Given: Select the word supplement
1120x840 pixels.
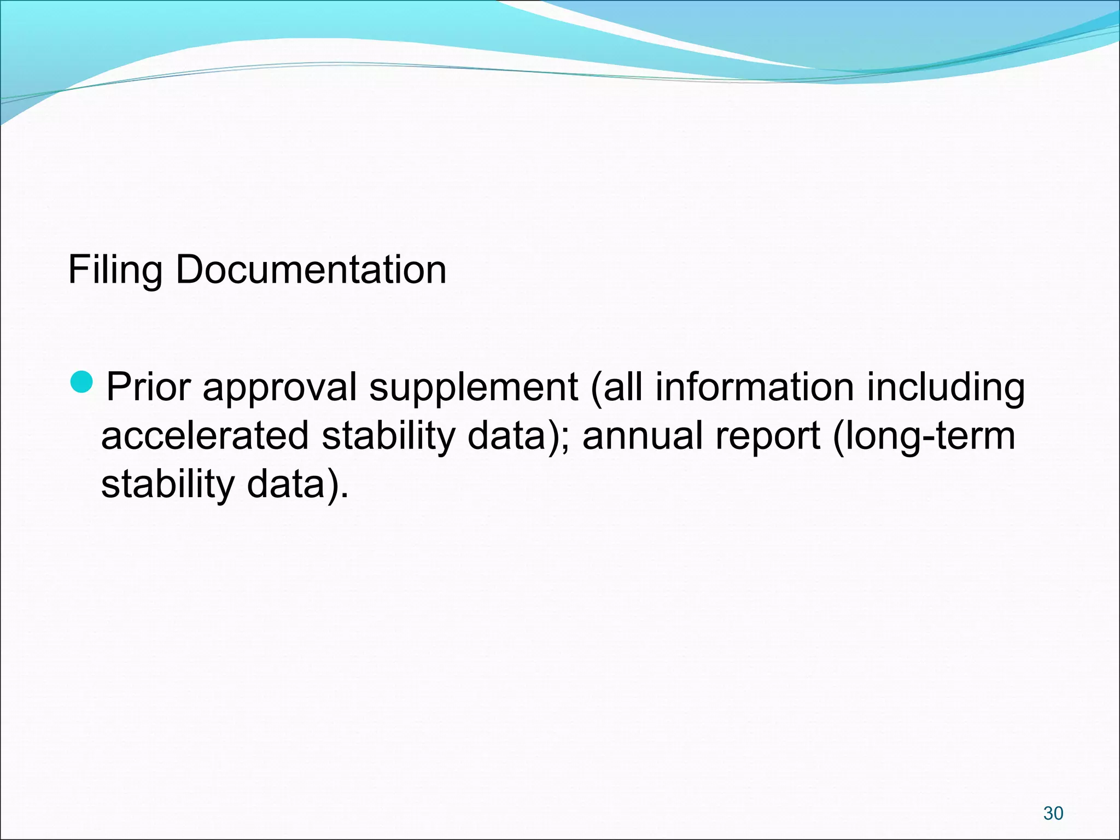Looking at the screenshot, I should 473,387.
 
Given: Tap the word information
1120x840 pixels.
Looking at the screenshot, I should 755,387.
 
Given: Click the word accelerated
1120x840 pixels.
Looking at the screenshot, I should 205,436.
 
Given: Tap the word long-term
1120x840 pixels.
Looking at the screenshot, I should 927,436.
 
